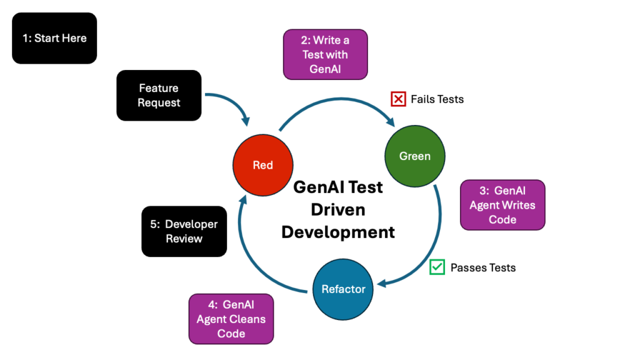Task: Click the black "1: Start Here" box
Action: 54,38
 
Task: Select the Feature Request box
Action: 159,95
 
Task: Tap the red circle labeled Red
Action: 262,165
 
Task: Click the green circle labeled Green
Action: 415,156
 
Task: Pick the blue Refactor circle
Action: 343,289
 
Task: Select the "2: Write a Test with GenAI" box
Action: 325,54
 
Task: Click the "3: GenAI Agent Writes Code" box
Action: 502,205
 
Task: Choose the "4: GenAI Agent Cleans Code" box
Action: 231,319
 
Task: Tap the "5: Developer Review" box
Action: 184,231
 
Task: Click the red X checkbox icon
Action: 398,99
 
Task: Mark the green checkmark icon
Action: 437,267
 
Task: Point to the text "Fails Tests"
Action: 437,99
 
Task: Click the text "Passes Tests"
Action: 483,267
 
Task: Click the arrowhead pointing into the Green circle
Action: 392,121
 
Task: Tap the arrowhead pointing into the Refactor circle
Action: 382,284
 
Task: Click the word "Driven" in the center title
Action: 338,209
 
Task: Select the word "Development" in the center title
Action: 338,232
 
